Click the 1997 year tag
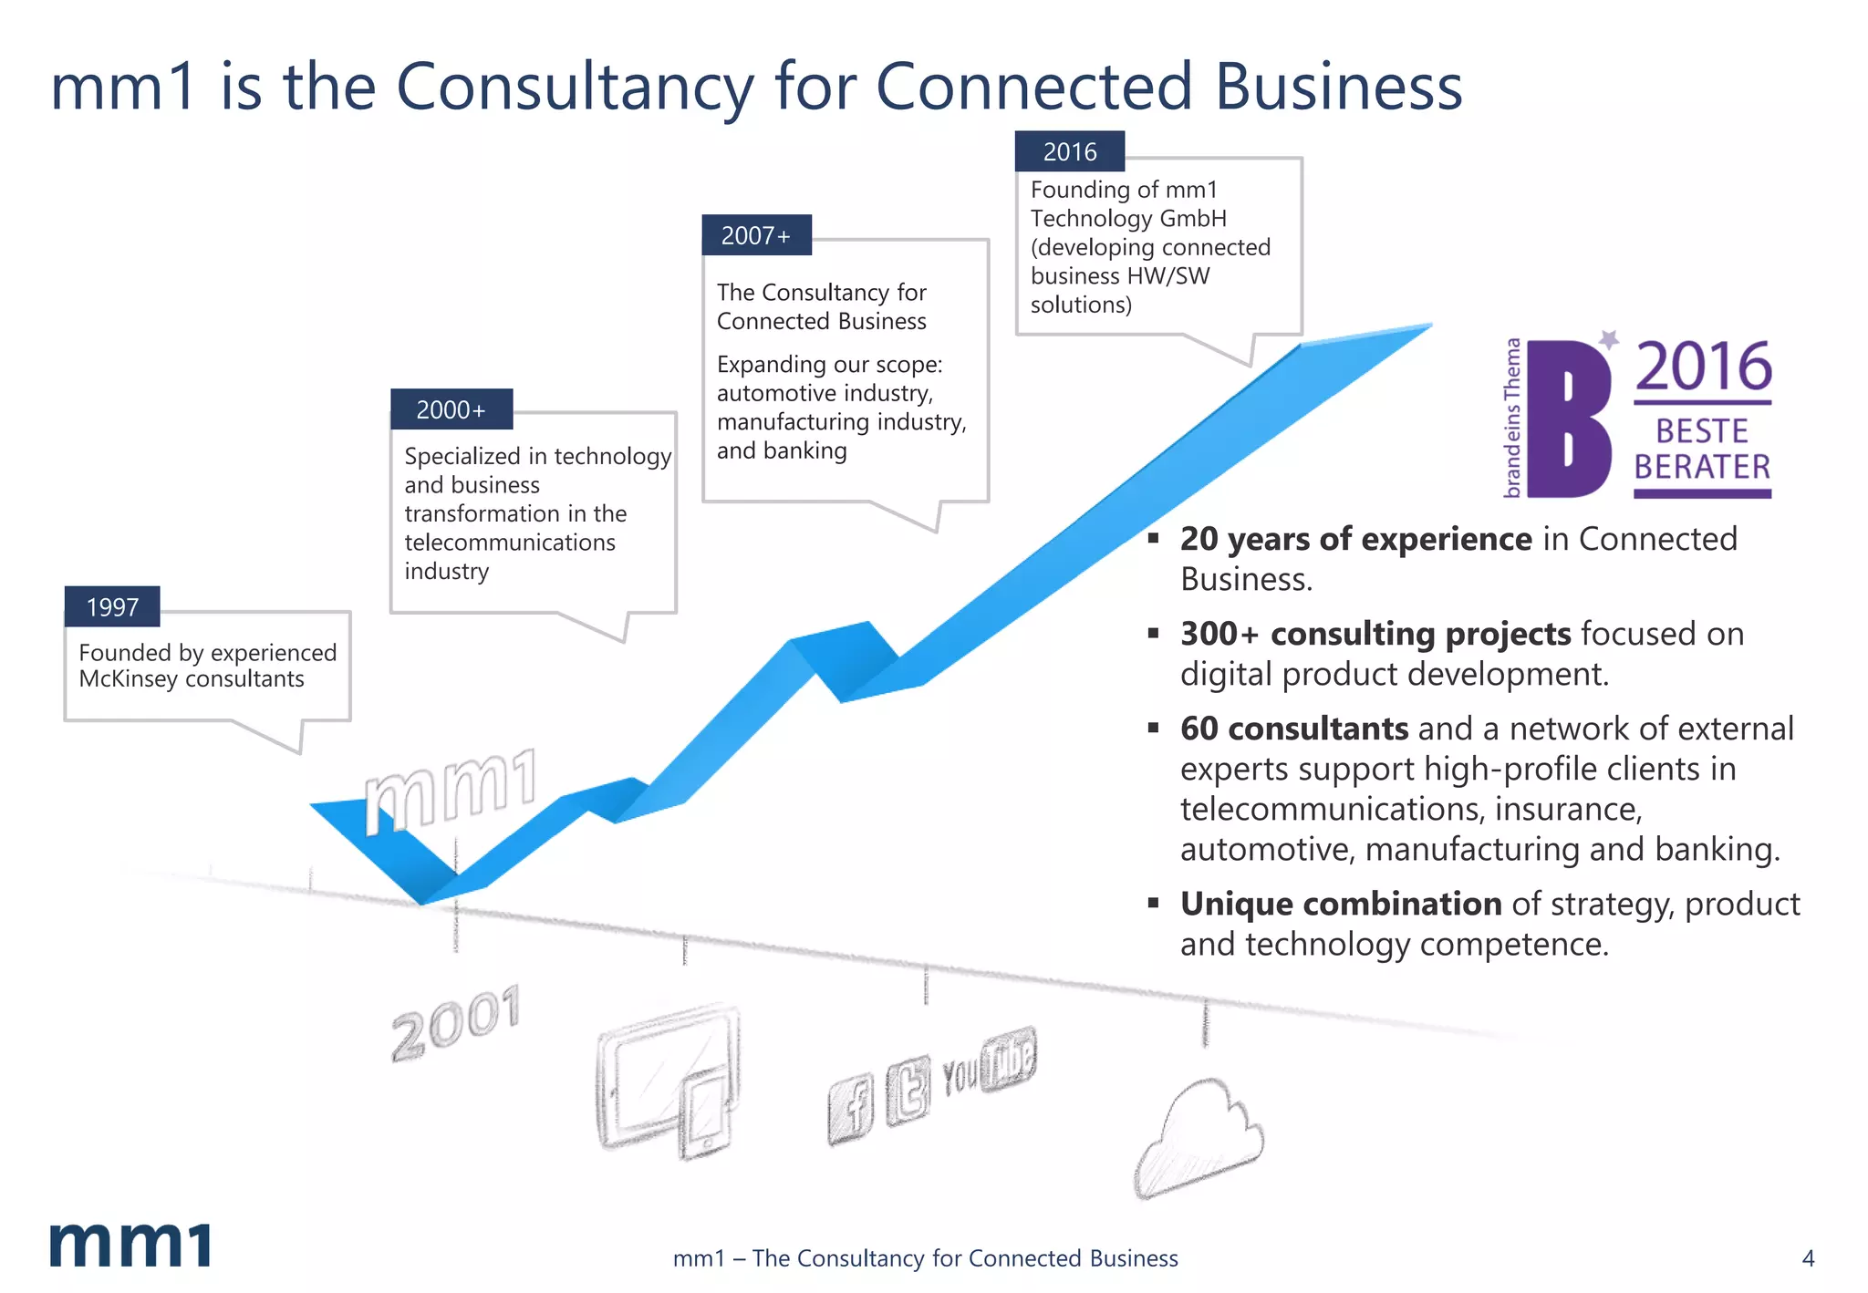coord(112,607)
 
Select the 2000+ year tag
coord(451,410)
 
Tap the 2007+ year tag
coord(756,236)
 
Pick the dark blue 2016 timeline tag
coord(1070,152)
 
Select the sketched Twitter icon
coord(908,1090)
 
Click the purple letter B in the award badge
coord(1569,419)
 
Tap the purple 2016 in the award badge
coord(1703,367)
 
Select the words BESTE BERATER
coord(1702,450)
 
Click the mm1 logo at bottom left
coord(130,1245)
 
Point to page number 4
coord(1809,1259)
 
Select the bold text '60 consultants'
coord(1294,729)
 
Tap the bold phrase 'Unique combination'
coord(1341,904)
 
